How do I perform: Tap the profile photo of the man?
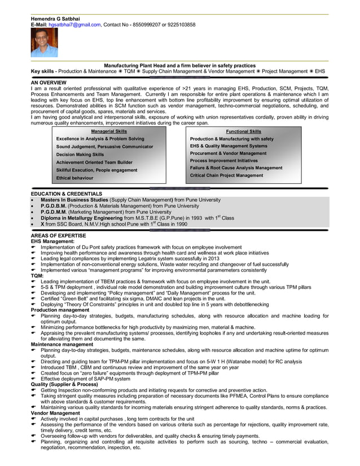[x=44, y=43]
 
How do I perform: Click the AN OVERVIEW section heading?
[x=49, y=83]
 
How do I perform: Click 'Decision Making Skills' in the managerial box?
[x=80, y=154]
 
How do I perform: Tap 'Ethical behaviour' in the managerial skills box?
[x=74, y=178]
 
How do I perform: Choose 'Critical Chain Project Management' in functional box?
[x=226, y=175]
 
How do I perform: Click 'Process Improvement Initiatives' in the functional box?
[x=225, y=161]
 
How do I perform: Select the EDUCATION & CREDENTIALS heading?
[x=67, y=194]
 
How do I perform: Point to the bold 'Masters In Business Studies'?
[x=74, y=200]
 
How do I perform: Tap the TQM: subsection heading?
[x=37, y=275]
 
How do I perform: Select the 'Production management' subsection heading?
[x=60, y=310]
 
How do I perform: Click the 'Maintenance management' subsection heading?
[x=62, y=344]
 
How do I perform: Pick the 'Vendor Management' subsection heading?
[x=55, y=414]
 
